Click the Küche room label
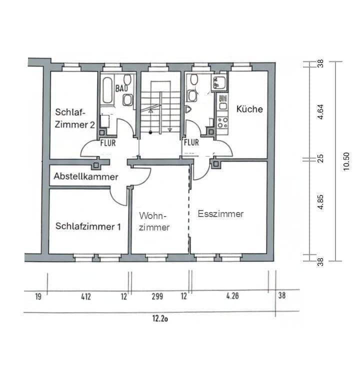(249, 109)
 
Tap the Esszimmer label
(220, 214)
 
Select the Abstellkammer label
(86, 176)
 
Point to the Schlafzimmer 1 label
(88, 226)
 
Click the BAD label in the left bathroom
(121, 88)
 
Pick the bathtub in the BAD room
(106, 91)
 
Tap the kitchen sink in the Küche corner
(220, 82)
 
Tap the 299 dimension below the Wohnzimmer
(157, 296)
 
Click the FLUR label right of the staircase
(191, 142)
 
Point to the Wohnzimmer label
(154, 221)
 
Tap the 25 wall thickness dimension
(320, 158)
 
